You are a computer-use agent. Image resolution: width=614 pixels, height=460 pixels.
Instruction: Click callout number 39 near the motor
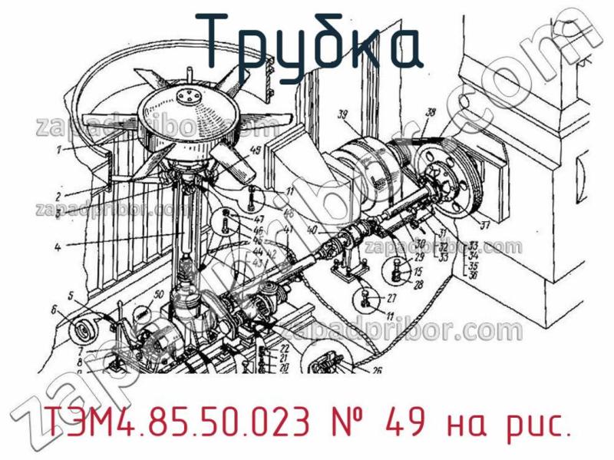coord(343,116)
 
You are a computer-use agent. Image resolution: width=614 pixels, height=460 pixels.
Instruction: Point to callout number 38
coord(430,113)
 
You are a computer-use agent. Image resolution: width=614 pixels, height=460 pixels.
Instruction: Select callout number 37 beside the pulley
coord(484,226)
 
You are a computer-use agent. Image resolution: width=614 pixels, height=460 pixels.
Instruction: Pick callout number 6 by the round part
coord(54,310)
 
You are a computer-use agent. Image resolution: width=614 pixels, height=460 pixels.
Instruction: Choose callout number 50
coord(158,293)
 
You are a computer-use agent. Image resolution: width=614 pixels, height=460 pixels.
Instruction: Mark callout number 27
coord(391,299)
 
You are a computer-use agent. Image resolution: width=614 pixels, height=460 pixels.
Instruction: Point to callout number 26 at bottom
coord(377,369)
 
